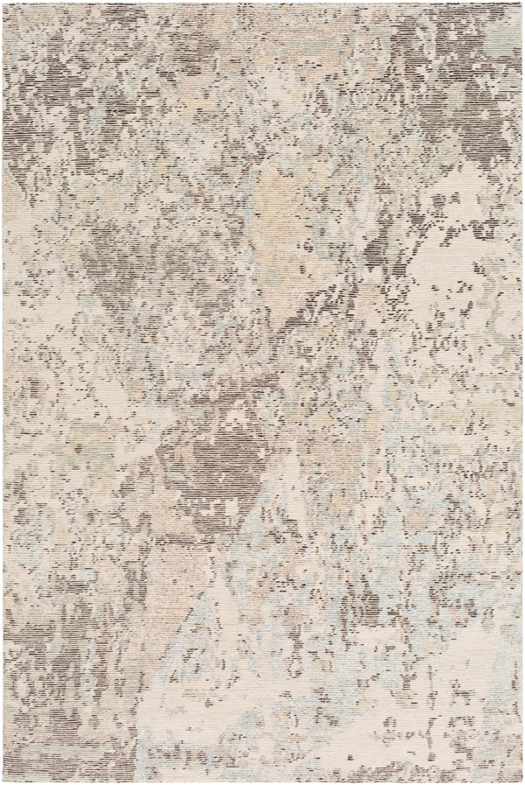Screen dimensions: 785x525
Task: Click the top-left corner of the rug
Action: (x=3, y=3)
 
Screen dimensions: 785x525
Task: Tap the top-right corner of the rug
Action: (x=522, y=3)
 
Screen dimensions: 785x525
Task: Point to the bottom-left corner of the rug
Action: (x=3, y=781)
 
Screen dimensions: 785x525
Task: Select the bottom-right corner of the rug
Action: (x=522, y=781)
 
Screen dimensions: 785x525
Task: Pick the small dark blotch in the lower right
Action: (x=367, y=604)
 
